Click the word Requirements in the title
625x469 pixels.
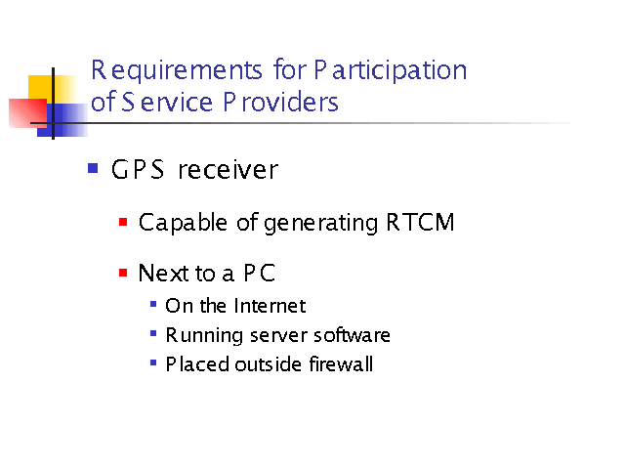point(177,70)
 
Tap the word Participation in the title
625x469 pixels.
point(391,70)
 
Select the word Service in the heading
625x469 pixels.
point(167,102)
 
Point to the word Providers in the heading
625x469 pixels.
point(280,102)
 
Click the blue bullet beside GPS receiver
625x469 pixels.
point(93,168)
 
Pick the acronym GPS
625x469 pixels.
point(138,169)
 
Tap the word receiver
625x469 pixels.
point(228,170)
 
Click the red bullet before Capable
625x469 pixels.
point(123,222)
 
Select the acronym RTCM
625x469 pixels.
point(420,222)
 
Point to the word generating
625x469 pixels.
point(320,224)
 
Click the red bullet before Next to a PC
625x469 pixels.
point(123,273)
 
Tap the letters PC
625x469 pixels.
point(260,274)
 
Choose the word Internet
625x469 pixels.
point(270,306)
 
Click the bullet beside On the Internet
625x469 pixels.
point(153,304)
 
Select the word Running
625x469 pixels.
point(204,336)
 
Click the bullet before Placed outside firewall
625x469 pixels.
point(153,362)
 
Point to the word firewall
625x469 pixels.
point(341,363)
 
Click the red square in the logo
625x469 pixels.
point(28,113)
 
